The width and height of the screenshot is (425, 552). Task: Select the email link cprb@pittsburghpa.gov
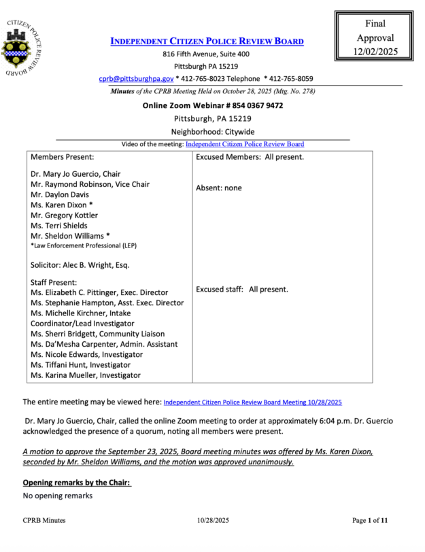(136, 79)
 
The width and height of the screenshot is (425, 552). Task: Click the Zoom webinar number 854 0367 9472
(255, 105)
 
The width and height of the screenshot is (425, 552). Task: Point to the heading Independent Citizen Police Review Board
(207, 41)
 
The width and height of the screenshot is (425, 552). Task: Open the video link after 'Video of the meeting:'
(244, 144)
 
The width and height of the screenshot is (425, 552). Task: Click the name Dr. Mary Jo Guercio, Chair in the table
(75, 174)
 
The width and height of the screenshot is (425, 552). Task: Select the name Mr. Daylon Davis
(63, 194)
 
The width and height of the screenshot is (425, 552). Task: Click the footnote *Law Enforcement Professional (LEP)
(83, 245)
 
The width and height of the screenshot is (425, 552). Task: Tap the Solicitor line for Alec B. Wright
(80, 264)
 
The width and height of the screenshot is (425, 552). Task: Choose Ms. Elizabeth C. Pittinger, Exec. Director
(99, 292)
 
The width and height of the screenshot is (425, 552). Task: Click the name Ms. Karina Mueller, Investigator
(86, 375)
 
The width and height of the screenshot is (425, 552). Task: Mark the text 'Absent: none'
(218, 188)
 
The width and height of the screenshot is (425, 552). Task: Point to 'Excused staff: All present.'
(241, 289)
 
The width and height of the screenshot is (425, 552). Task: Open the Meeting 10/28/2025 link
(252, 402)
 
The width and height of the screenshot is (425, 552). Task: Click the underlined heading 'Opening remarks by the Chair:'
(76, 483)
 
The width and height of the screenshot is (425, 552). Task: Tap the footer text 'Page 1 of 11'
(370, 521)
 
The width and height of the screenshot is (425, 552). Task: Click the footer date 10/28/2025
(212, 521)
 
